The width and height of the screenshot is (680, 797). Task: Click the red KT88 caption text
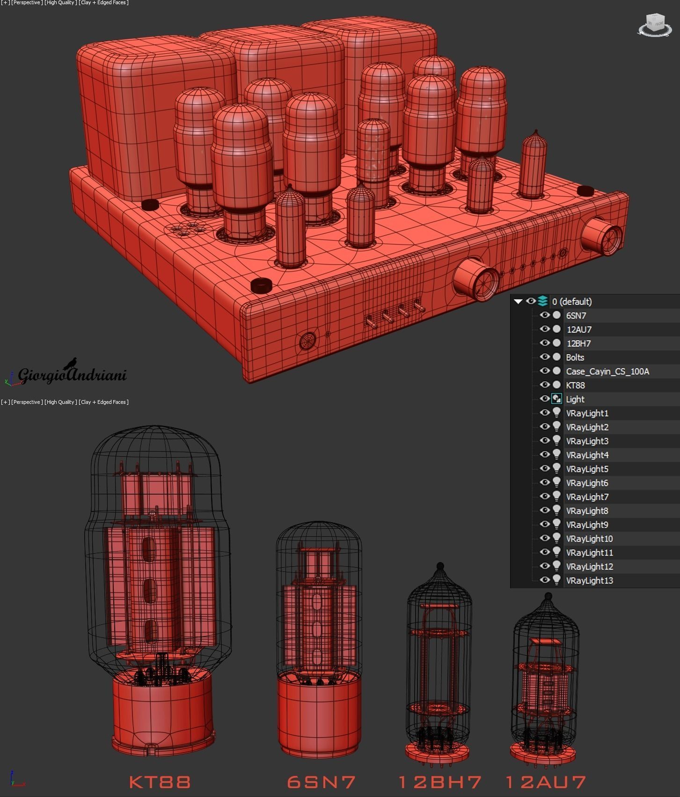coord(160,782)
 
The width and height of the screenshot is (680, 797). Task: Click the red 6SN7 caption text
coord(322,782)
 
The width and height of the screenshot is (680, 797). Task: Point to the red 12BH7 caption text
coord(440,782)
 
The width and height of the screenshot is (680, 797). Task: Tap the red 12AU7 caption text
coord(546,782)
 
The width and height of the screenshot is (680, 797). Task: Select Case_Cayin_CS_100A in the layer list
coord(607,371)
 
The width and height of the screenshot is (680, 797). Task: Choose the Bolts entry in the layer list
coord(575,357)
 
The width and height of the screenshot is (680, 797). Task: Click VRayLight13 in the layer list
coord(589,580)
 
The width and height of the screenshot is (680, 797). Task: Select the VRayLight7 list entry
coord(587,497)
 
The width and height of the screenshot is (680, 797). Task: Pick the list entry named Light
coord(575,399)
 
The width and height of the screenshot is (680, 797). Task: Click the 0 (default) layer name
coord(571,301)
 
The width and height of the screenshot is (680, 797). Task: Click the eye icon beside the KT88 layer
coord(544,385)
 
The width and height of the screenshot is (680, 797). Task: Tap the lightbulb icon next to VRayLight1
coord(556,413)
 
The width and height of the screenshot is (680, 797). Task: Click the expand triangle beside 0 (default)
coord(518,301)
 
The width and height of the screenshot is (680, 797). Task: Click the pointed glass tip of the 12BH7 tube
coord(440,567)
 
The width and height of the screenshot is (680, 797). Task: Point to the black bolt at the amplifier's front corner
coord(261,285)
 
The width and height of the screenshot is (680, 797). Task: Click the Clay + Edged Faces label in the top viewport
coord(103,3)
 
